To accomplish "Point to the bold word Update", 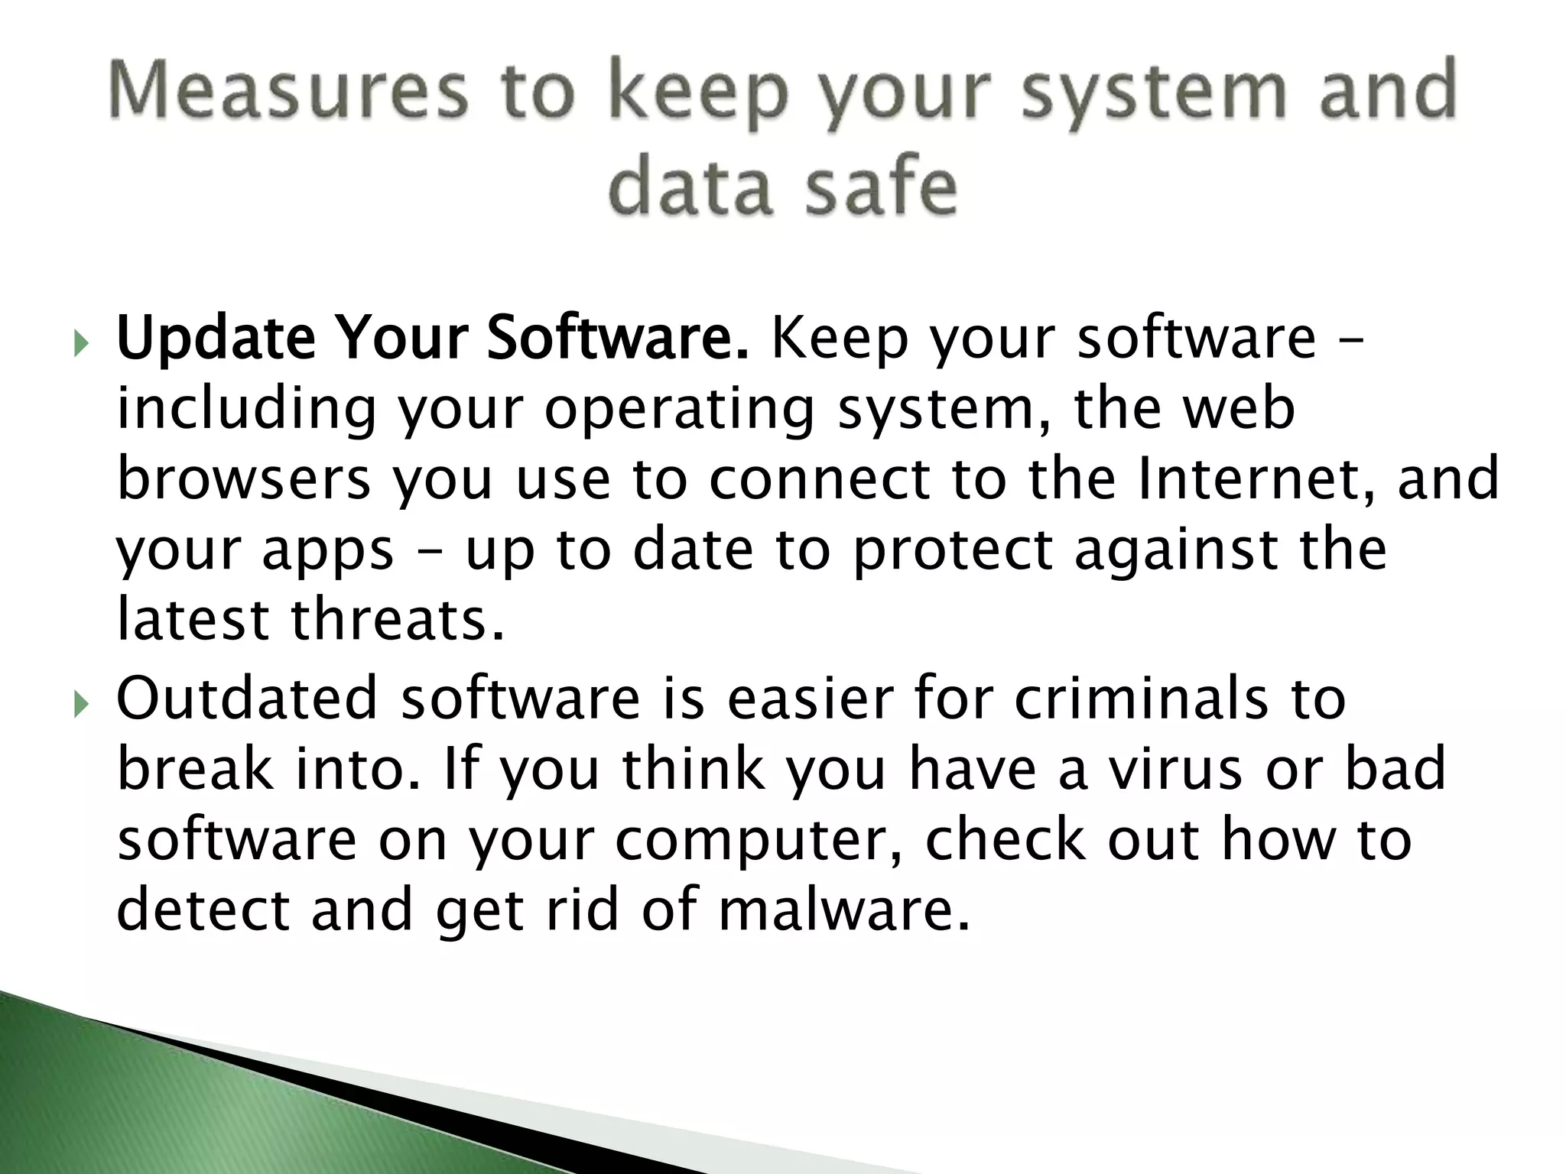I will [x=216, y=339].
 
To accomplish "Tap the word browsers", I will [x=244, y=479].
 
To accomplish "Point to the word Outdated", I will [x=247, y=698].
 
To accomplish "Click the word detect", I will [x=203, y=910].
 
